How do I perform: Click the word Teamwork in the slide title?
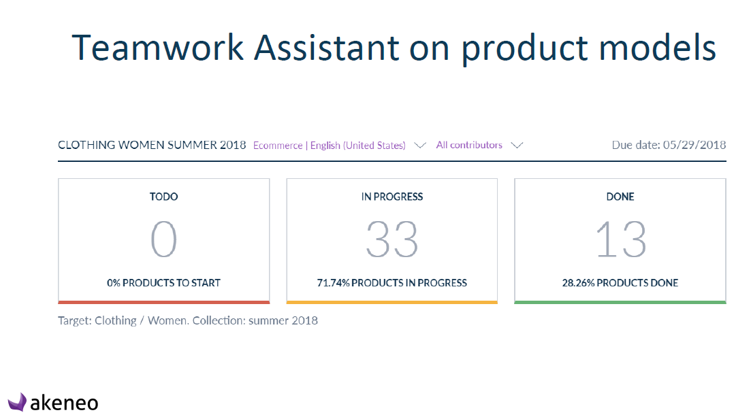coord(158,48)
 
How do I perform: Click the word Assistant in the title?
coord(327,48)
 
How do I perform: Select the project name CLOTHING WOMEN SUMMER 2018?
coord(152,145)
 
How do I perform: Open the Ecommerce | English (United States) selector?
coord(329,145)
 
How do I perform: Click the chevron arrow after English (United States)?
coord(420,145)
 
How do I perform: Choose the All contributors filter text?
coord(469,145)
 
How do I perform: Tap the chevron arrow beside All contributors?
coord(517,145)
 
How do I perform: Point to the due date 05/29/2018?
coord(694,145)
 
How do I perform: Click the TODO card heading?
coord(164,197)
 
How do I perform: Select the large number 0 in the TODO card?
coord(164,239)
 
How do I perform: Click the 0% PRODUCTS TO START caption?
coord(164,283)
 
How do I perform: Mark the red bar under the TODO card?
coord(164,302)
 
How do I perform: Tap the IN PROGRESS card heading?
coord(392,197)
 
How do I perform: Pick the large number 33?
coord(392,239)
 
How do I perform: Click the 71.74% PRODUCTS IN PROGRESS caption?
coord(392,283)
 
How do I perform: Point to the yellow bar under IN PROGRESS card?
coord(392,302)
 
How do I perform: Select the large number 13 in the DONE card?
coord(621,239)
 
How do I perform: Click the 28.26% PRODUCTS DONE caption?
coord(620,283)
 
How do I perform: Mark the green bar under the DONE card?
coord(620,302)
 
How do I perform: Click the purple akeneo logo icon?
coord(17,402)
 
